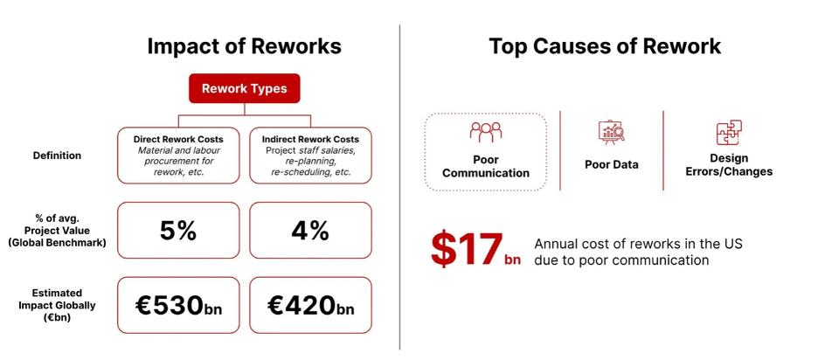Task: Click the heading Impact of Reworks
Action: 244,46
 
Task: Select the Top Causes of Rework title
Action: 605,46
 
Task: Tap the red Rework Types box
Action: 244,88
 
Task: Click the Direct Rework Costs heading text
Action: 178,139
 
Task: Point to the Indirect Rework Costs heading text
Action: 310,139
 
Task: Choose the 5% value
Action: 178,230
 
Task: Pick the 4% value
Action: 310,230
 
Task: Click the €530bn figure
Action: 178,306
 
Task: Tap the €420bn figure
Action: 310,306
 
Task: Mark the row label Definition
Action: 57,156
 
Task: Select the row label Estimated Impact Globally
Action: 57,306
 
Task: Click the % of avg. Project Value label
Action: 57,231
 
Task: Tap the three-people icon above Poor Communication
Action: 486,132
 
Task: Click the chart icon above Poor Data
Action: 612,133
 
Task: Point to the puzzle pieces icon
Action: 729,133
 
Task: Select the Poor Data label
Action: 612,165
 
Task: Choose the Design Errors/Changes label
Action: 729,164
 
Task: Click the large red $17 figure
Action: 467,249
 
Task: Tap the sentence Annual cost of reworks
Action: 639,252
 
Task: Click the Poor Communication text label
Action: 486,166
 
